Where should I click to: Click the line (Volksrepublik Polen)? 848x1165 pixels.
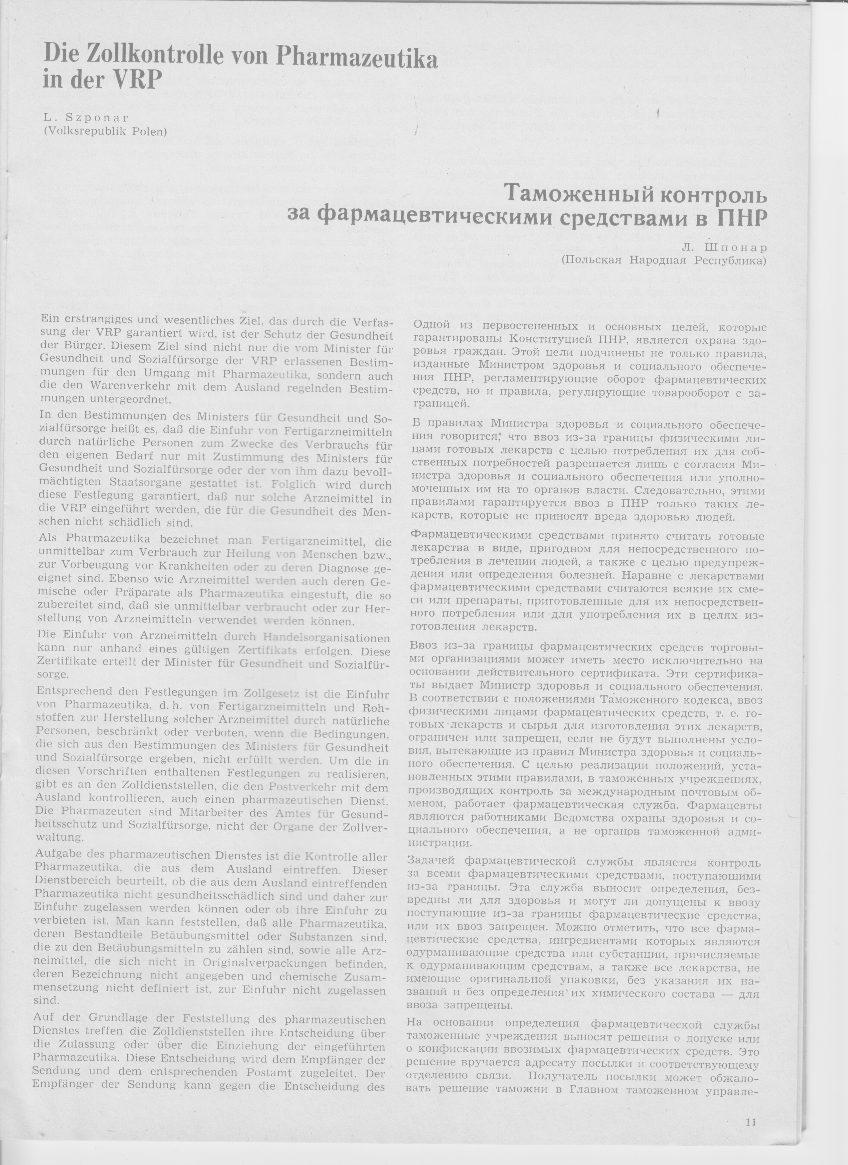point(106,131)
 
